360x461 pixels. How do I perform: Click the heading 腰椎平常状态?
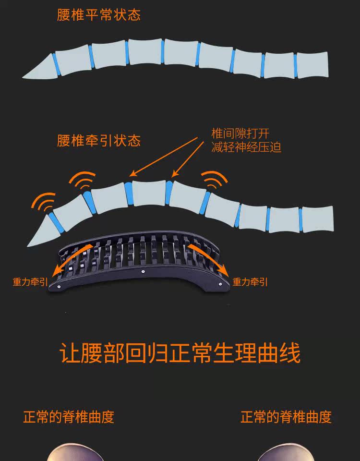99,15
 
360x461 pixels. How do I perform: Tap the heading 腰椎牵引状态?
99,141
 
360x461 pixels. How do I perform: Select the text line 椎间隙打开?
240,133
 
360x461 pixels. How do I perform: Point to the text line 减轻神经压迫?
246,147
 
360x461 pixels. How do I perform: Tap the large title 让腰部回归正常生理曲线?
180,353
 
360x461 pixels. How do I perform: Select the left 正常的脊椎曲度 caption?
69,416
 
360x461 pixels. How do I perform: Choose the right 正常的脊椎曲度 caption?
286,416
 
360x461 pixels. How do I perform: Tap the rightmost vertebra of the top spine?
313,64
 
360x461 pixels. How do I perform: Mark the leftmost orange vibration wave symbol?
44,204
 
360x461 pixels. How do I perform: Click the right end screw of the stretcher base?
221,285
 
